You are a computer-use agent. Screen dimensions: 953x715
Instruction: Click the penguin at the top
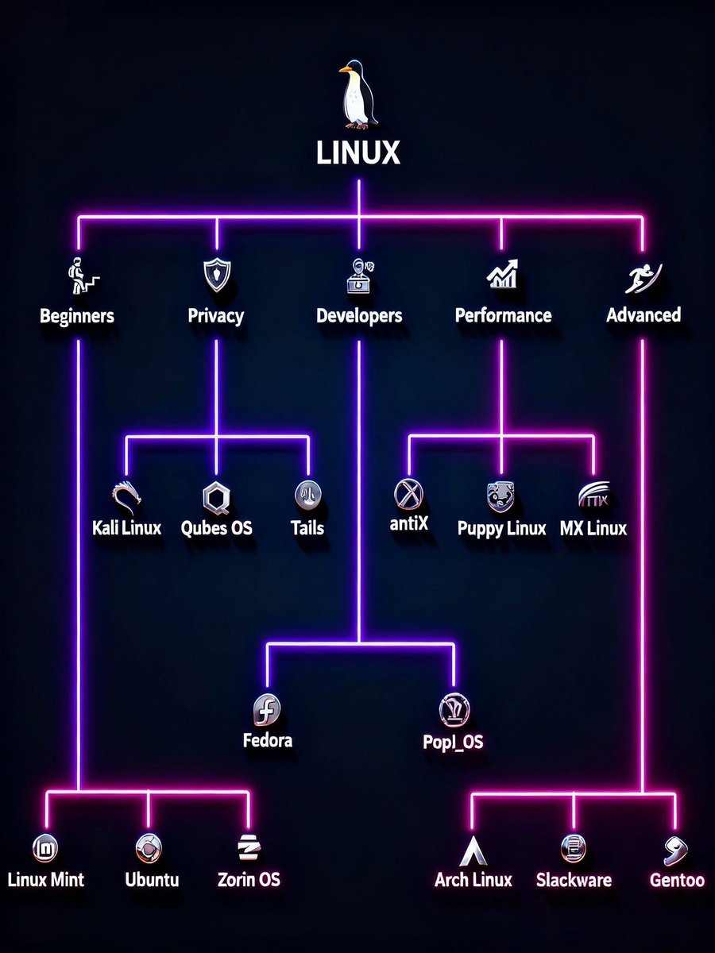tap(357, 95)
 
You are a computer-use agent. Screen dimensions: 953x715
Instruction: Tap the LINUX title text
tap(358, 152)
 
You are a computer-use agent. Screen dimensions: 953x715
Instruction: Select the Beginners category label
tap(77, 316)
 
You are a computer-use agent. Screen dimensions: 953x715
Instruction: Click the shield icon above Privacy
tap(216, 276)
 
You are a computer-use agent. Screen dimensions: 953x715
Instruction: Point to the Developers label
tap(359, 316)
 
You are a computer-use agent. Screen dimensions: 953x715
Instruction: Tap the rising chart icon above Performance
tap(502, 275)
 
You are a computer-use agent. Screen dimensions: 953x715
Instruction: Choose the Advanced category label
tap(643, 315)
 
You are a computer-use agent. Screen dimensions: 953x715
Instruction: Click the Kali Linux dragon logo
tap(128, 497)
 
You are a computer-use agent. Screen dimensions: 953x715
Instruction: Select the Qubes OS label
tap(217, 528)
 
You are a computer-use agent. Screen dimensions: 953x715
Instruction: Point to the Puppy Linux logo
tap(501, 496)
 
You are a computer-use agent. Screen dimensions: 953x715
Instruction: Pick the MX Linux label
tap(593, 528)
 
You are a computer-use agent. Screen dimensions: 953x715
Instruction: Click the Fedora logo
tap(267, 708)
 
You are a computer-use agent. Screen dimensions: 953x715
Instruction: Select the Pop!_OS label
tap(454, 743)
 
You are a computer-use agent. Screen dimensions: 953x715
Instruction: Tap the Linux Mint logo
tap(45, 849)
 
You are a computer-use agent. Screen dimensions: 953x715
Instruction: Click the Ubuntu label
tap(152, 880)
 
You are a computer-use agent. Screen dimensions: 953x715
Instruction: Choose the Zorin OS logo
tap(247, 849)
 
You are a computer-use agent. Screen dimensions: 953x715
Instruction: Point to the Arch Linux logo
tap(473, 850)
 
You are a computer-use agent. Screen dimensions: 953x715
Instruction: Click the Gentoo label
tap(677, 880)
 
